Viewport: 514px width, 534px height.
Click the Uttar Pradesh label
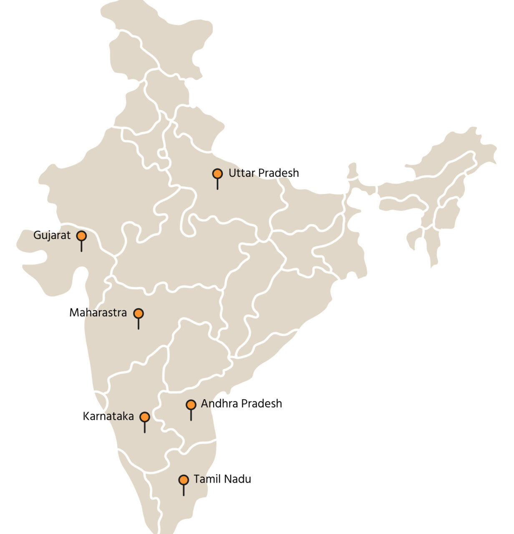(x=264, y=173)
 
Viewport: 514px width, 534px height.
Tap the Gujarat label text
(x=52, y=235)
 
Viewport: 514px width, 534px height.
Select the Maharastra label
(x=98, y=312)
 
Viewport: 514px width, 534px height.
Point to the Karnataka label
(x=108, y=416)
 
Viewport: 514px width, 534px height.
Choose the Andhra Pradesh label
(x=241, y=404)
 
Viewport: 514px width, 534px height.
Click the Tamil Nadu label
(x=222, y=479)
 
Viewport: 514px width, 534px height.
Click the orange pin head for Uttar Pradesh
(x=217, y=174)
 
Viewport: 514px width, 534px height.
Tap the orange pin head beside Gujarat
(x=81, y=236)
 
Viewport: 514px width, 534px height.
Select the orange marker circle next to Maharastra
(x=139, y=313)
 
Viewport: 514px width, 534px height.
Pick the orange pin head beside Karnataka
(x=145, y=417)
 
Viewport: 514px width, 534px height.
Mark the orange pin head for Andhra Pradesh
(x=191, y=405)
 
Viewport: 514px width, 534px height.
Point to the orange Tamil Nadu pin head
(x=184, y=480)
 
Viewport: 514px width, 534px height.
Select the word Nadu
(x=238, y=479)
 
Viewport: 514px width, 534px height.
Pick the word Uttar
(x=241, y=173)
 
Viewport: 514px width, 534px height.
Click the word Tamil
(x=207, y=479)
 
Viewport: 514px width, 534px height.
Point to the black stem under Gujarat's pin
(x=81, y=246)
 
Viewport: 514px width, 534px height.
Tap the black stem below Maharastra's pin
(x=139, y=324)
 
